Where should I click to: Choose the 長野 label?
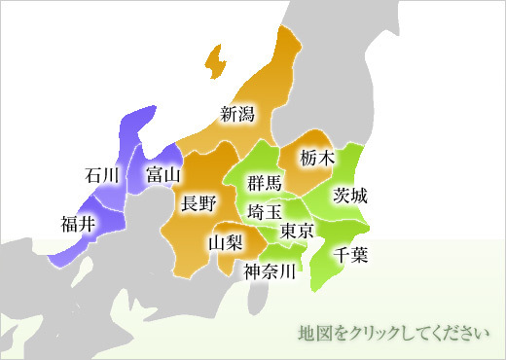[199, 203]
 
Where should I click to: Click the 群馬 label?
[264, 183]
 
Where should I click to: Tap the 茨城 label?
[350, 195]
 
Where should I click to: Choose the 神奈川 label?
[269, 271]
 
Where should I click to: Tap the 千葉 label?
[350, 256]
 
